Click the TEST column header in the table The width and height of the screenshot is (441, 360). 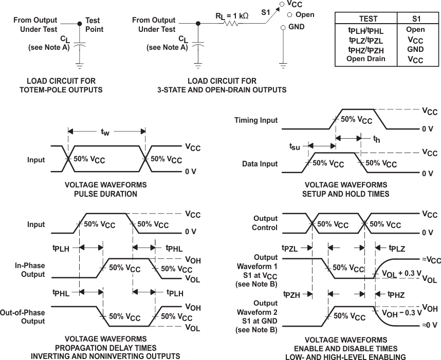pos(368,18)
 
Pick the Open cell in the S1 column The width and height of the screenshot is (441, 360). pos(415,29)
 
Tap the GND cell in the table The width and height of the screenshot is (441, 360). pos(415,49)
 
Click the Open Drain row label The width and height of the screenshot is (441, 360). pos(365,59)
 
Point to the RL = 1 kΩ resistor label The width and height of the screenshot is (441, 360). pos(232,15)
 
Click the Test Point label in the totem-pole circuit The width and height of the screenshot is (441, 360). pos(94,25)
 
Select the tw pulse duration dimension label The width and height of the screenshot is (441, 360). pos(105,132)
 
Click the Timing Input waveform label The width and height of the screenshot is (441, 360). pos(256,120)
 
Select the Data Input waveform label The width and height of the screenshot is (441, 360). pos(260,164)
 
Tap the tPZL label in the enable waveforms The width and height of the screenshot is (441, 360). pos(290,248)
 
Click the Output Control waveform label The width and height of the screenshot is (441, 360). pos(265,223)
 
